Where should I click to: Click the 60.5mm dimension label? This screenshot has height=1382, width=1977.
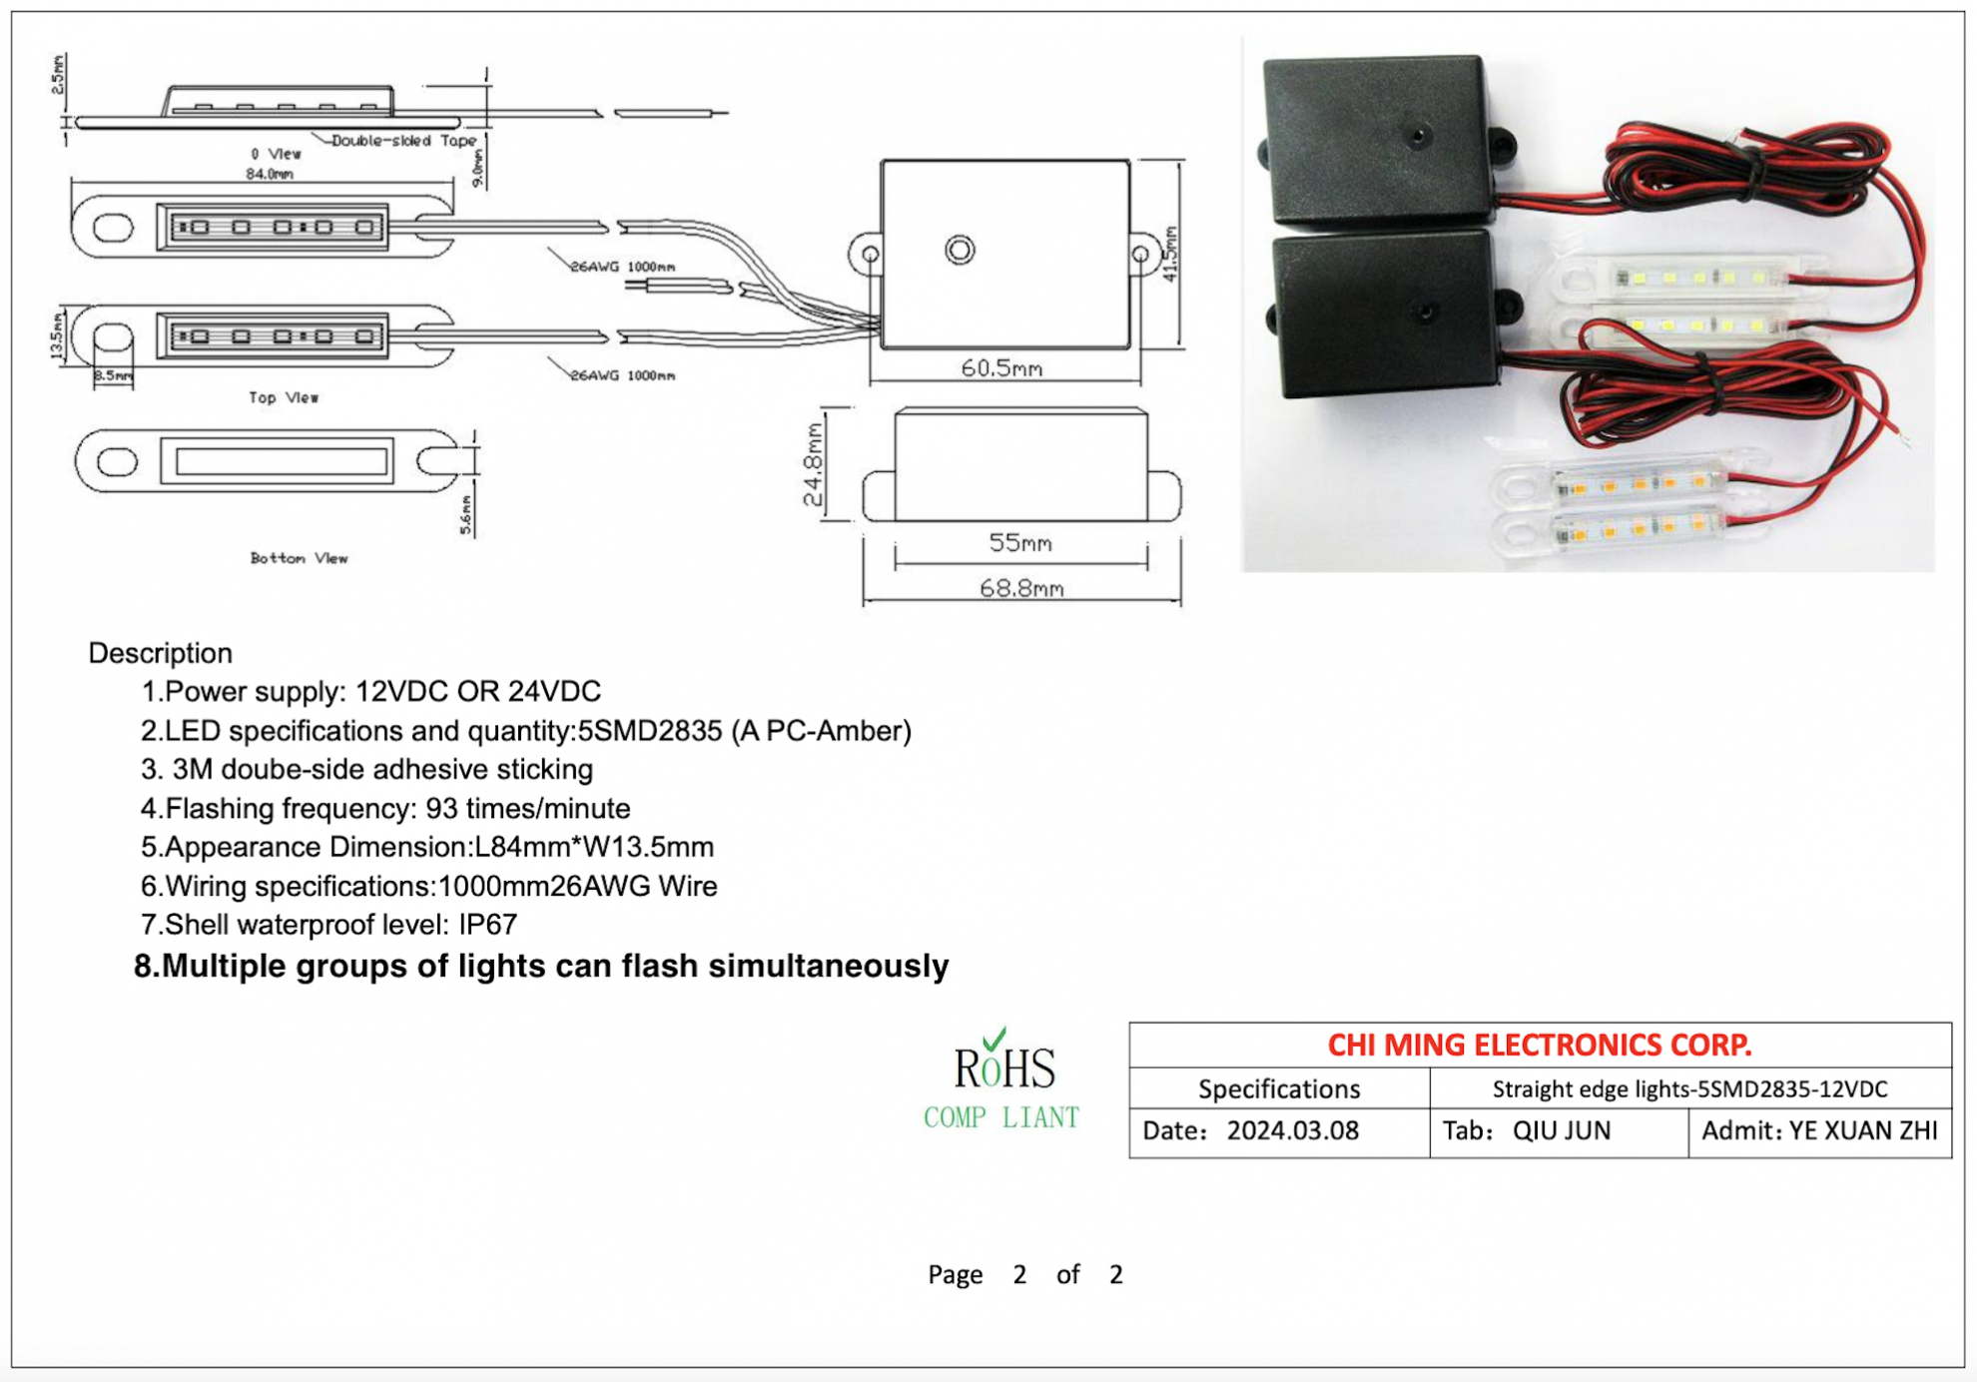(x=1001, y=368)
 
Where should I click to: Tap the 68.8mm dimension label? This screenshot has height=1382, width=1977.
(x=1020, y=588)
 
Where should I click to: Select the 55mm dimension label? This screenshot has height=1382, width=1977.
(x=1019, y=542)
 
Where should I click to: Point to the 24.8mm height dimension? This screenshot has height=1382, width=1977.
(x=814, y=464)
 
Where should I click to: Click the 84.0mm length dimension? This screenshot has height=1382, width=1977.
(x=270, y=174)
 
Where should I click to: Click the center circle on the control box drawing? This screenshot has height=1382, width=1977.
(x=960, y=250)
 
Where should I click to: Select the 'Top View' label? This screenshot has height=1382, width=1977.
(x=284, y=397)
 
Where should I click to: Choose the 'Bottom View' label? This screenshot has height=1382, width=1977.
(x=299, y=558)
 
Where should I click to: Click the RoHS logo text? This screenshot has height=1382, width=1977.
(x=1003, y=1066)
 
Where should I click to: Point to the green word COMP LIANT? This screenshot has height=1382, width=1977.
(x=1001, y=1117)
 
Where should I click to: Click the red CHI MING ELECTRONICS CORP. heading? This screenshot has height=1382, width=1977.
(x=1539, y=1044)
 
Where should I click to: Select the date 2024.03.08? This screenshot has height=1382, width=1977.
(x=1292, y=1130)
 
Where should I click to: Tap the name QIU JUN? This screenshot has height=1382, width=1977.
(x=1561, y=1130)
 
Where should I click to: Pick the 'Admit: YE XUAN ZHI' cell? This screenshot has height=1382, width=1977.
(x=1819, y=1130)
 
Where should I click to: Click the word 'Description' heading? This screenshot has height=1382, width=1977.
(x=160, y=653)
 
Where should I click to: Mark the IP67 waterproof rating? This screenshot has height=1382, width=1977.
(x=487, y=925)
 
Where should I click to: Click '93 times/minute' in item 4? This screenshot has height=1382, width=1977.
(x=528, y=808)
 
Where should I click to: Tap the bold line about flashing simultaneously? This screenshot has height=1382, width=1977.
(x=541, y=966)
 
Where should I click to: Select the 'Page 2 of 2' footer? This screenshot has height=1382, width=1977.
(x=1024, y=1274)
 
